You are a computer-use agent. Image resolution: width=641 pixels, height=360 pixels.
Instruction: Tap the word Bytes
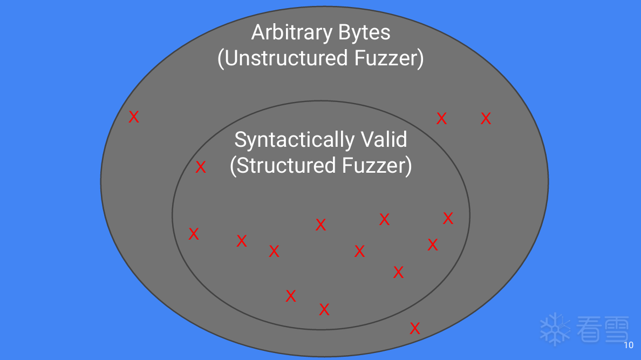click(364, 32)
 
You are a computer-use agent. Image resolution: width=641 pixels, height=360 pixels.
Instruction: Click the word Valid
click(384, 140)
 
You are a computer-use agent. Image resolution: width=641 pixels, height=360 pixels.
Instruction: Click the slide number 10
click(628, 345)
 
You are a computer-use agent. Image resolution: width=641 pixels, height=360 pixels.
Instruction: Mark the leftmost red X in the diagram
click(134, 117)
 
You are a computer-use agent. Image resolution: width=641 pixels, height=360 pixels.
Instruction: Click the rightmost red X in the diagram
click(486, 119)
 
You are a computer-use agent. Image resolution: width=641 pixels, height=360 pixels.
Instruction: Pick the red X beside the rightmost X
click(441, 119)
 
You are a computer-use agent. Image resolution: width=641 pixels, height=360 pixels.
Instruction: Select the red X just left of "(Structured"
click(201, 167)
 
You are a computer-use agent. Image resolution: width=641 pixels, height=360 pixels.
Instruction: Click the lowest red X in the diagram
click(415, 328)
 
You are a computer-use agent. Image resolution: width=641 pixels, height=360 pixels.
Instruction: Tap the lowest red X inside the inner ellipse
click(324, 309)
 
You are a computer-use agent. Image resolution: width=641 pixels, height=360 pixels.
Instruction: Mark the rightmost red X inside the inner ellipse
click(448, 218)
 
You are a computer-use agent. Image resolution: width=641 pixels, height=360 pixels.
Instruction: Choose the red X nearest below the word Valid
click(384, 219)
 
